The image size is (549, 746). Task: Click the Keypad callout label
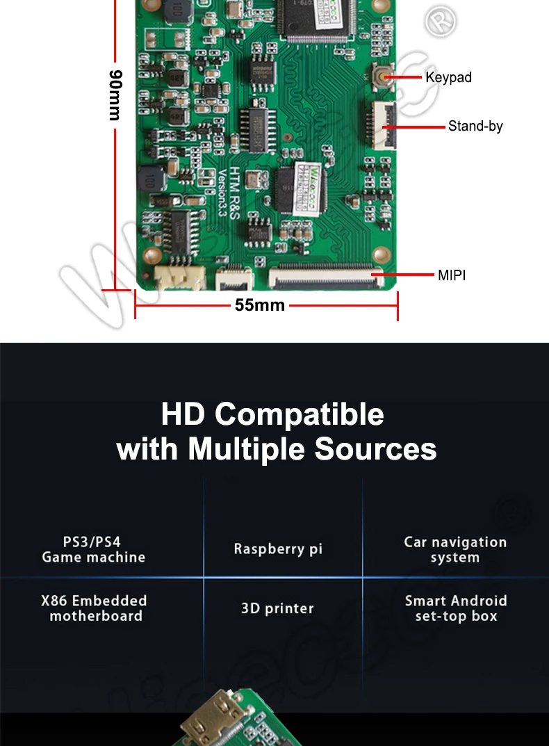click(x=448, y=77)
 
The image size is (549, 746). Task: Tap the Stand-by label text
click(x=475, y=126)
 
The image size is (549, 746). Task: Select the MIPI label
click(x=452, y=275)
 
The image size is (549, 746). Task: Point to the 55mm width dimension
click(x=260, y=305)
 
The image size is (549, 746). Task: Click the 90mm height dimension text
click(x=116, y=95)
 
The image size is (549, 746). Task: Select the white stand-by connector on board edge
click(x=385, y=125)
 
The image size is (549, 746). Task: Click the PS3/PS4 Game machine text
click(x=93, y=549)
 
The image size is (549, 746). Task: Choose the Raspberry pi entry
click(x=278, y=549)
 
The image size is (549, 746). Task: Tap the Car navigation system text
click(x=455, y=549)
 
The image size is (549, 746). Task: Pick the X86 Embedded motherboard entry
click(x=95, y=608)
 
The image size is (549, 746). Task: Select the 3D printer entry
click(x=277, y=608)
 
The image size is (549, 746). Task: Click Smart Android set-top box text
click(x=456, y=608)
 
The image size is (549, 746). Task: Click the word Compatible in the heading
click(x=299, y=414)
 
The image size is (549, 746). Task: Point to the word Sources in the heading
click(x=375, y=449)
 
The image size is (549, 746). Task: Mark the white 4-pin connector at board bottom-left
click(x=179, y=279)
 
